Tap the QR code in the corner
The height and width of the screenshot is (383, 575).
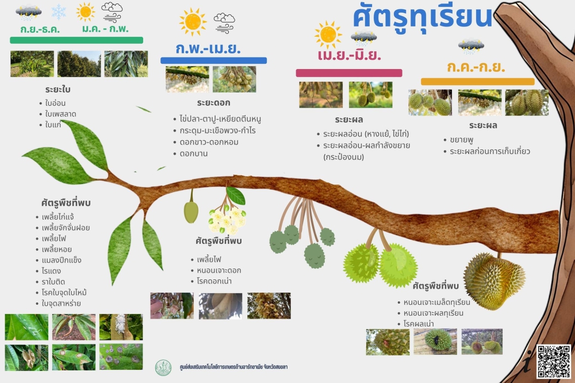coord(554,362)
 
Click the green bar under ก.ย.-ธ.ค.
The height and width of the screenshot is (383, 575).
coord(76,40)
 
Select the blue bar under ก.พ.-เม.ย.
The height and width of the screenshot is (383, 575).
coord(213,60)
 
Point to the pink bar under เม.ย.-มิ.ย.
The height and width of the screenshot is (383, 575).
coord(349,73)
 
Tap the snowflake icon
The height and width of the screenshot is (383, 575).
coord(59,12)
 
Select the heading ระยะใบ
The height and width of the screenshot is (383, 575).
coord(58,90)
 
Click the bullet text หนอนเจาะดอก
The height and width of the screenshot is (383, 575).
coord(219,270)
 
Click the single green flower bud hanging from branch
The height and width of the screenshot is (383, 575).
coord(191,211)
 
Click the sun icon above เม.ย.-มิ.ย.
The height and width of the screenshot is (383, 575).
coord(328,35)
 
